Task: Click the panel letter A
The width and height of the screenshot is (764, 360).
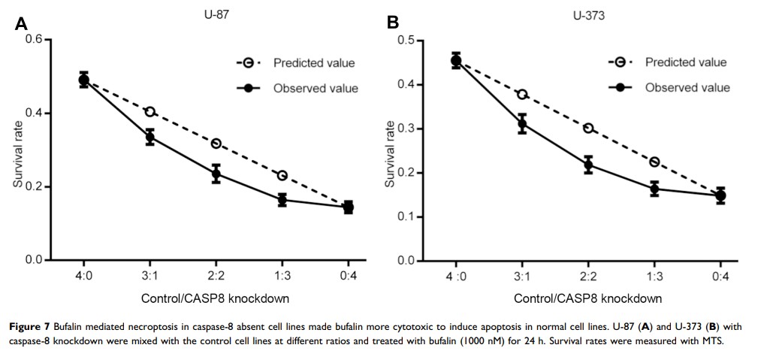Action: pos(21,23)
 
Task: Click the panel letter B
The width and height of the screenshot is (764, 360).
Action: pos(393,23)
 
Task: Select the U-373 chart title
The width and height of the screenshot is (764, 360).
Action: pos(589,14)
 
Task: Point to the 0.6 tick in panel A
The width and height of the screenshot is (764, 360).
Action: pos(33,40)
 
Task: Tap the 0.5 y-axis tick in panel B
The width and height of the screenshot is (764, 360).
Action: pos(406,40)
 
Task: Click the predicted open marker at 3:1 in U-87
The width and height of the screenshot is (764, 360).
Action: pos(150,111)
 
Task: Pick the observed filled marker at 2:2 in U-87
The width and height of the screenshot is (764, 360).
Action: pos(216,174)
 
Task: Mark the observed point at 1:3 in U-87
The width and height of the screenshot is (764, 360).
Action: pos(282,199)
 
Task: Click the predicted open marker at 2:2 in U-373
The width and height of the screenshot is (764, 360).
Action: pos(588,128)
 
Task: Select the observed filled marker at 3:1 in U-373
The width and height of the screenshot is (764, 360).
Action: pos(522,124)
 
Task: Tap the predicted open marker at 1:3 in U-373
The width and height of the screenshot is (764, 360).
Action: pos(654,162)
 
